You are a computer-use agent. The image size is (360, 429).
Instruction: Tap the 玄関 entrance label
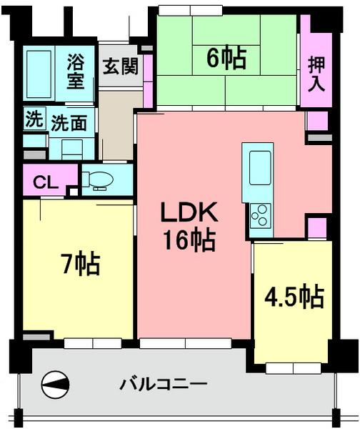coord(119,67)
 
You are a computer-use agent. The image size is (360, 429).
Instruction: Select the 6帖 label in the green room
coord(226,58)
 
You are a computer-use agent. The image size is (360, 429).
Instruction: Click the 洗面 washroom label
coord(69,122)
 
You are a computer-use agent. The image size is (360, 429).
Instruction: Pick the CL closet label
coord(46,182)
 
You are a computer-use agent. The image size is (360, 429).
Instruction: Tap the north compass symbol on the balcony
coord(56,385)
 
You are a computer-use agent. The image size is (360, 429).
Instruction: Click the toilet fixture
coord(96,178)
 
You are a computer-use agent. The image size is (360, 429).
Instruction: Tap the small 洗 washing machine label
coord(34,119)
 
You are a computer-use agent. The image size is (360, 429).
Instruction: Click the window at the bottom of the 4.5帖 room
coord(290,368)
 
